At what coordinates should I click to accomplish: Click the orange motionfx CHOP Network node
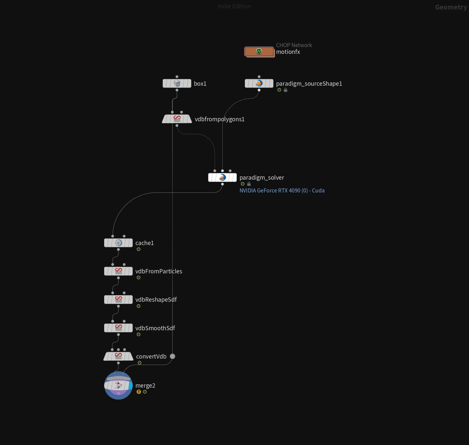(259, 52)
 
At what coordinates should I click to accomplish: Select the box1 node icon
(177, 83)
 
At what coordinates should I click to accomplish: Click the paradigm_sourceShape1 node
(259, 83)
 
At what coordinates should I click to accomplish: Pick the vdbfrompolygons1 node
(177, 119)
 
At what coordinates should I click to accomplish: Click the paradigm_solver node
(222, 177)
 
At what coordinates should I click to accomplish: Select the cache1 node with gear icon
(118, 243)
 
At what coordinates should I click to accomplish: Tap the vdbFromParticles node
(118, 271)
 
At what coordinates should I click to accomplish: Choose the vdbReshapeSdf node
(118, 300)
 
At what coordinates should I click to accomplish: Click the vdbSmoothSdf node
(118, 328)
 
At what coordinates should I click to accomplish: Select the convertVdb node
(118, 356)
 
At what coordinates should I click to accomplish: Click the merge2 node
(118, 385)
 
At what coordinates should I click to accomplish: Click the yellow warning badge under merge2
(139, 392)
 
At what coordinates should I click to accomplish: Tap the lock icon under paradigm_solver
(249, 184)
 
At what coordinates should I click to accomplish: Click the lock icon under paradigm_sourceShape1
(286, 90)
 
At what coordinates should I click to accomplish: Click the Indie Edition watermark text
(234, 6)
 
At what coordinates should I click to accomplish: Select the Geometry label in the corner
(451, 7)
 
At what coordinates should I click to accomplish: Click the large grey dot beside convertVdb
(172, 356)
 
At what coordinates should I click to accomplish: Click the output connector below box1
(177, 90)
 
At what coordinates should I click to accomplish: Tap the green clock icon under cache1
(139, 249)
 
